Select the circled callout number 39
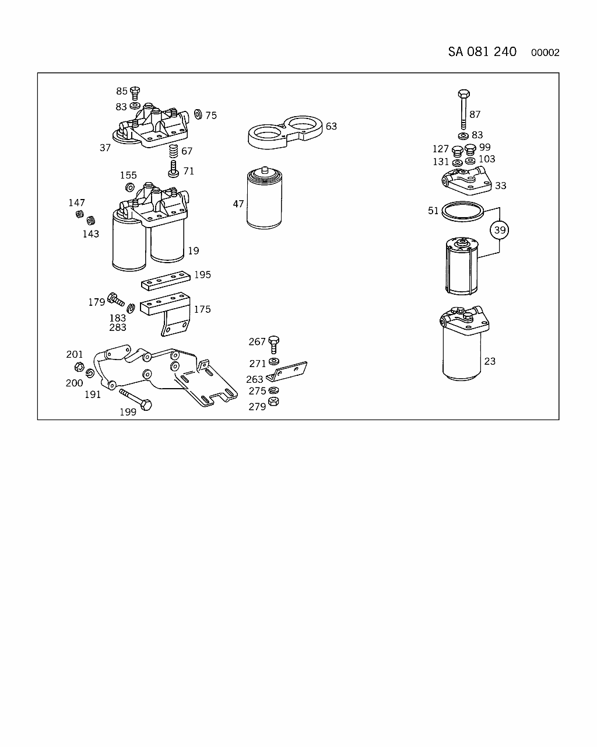point(499,230)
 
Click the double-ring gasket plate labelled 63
point(285,132)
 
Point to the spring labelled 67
point(173,151)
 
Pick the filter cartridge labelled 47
point(264,198)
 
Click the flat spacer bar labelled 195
point(166,281)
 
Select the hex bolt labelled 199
point(136,400)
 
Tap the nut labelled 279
point(273,402)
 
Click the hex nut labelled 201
point(79,366)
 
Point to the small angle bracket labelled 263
point(286,372)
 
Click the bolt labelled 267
point(273,345)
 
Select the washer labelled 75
point(198,114)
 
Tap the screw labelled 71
point(173,169)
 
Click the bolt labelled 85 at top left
point(135,93)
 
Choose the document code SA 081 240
point(482,52)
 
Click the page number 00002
point(545,53)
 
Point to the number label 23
point(490,361)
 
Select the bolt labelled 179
point(116,299)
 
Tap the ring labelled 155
point(130,187)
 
